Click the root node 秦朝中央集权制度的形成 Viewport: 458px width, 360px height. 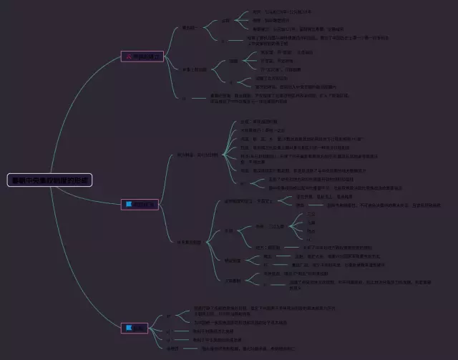tap(51, 180)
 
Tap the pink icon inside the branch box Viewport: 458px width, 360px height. tap(129, 55)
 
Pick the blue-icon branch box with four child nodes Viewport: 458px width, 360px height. tap(140, 329)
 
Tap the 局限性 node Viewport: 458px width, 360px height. tap(172, 349)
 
